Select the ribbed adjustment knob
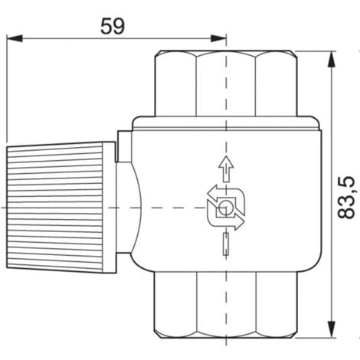[54, 207]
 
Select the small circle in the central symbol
[226, 208]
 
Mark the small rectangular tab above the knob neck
[120, 146]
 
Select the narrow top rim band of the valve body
[226, 120]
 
